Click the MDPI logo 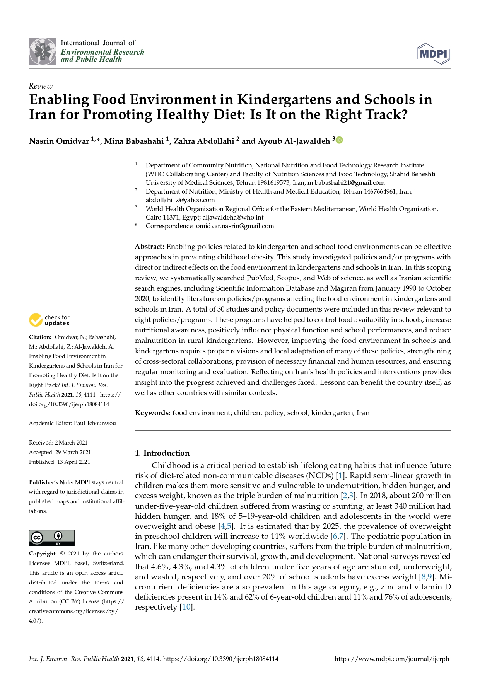pyautogui.click(x=434, y=53)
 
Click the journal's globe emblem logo pyautogui.click(x=43, y=51)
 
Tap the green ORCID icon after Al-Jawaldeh pyautogui.click(x=339, y=140)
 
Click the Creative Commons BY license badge pyautogui.click(x=51, y=538)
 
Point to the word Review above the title pyautogui.click(x=41, y=86)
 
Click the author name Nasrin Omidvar pyautogui.click(x=59, y=141)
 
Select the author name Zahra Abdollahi pyautogui.click(x=204, y=141)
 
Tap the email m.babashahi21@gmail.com pyautogui.click(x=346, y=182)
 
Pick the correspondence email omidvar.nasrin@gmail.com pyautogui.click(x=235, y=226)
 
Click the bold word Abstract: pyautogui.click(x=150, y=247)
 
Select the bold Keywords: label pyautogui.click(x=152, y=413)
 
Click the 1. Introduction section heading pyautogui.click(x=162, y=453)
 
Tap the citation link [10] pyautogui.click(x=186, y=607)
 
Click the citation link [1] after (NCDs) pyautogui.click(x=340, y=475)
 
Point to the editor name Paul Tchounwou pyautogui.click(x=95, y=423)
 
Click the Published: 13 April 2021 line pyautogui.click(x=59, y=462)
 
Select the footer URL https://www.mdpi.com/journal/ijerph pyautogui.click(x=391, y=659)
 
